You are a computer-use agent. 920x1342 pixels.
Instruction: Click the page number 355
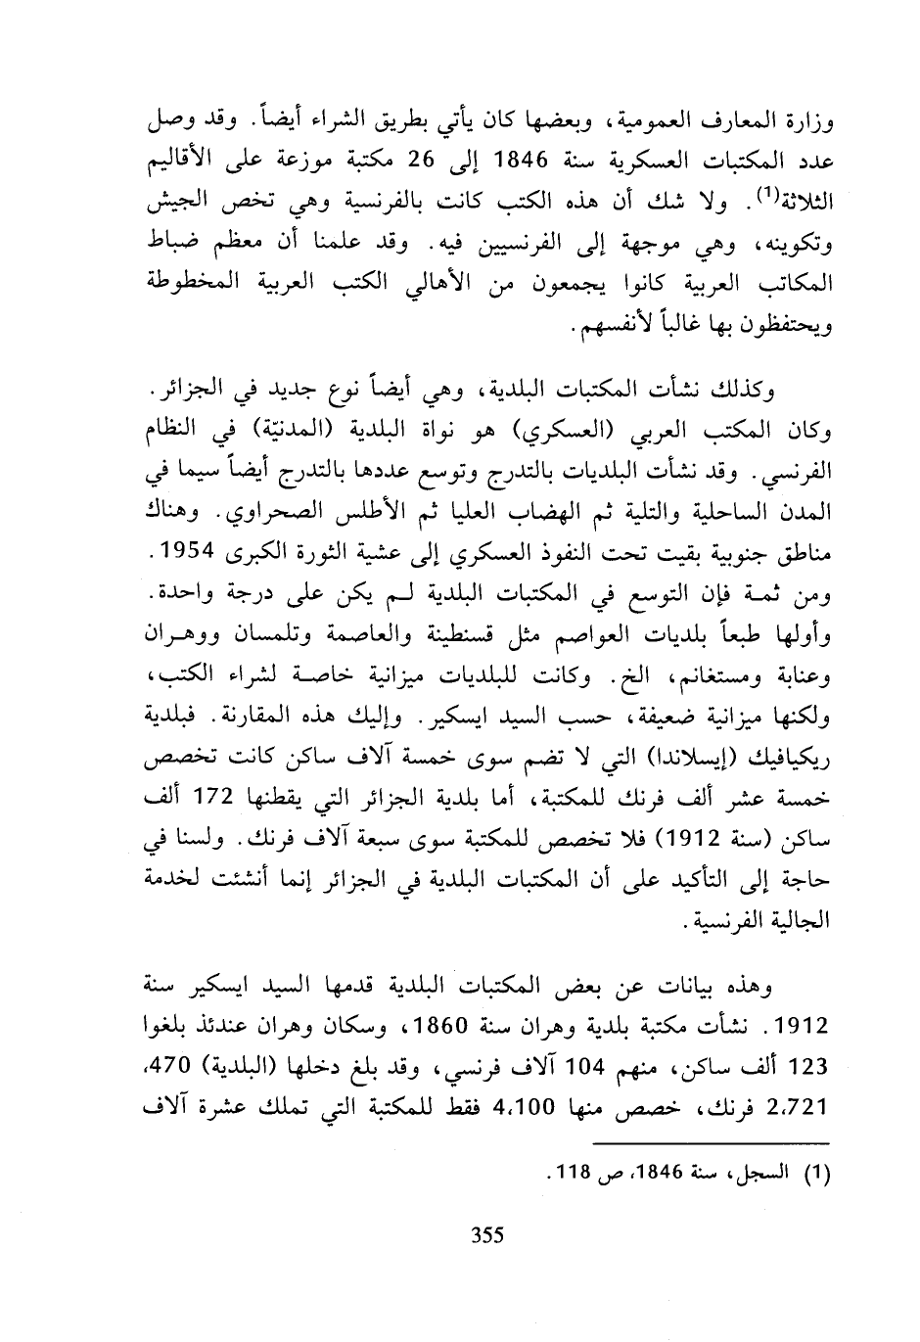(486, 1234)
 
